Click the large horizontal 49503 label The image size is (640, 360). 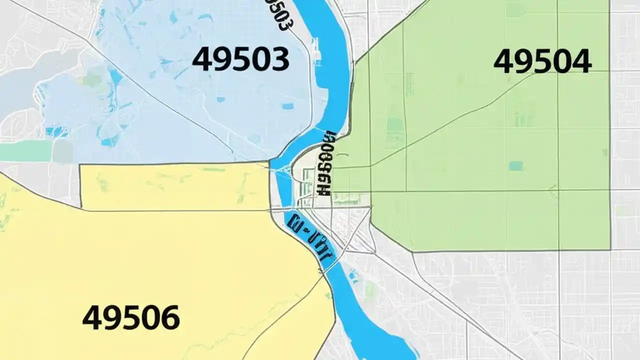coord(240,59)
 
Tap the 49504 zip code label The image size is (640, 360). coord(542,62)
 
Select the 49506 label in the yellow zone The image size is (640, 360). coord(130,317)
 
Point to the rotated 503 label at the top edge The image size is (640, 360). coord(278,15)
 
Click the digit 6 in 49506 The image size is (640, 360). coord(169,317)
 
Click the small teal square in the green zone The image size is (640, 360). coord(515,165)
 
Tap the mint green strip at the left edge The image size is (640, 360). coord(25,150)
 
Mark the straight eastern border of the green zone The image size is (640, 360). coord(609,125)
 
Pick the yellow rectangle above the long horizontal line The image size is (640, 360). coord(175,186)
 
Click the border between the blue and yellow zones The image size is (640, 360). coord(175,163)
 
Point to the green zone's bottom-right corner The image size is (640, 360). coord(610,249)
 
